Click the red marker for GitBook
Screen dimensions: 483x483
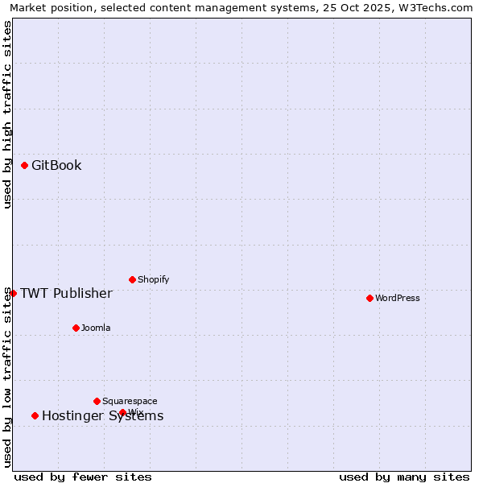[x=24, y=165]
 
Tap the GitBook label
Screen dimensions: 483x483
[x=56, y=166]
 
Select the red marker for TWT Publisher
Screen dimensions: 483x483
[x=13, y=293]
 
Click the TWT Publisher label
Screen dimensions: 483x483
[x=66, y=293]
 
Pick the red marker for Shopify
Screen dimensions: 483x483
[x=132, y=279]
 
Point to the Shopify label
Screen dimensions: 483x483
[x=153, y=280]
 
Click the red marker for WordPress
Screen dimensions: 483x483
[x=369, y=298]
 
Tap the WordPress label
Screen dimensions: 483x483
[x=398, y=299]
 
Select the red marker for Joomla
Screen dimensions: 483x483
[x=76, y=328]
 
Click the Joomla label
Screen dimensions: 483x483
[x=96, y=328]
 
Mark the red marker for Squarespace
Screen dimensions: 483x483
[x=97, y=401]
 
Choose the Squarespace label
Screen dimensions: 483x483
[x=130, y=402]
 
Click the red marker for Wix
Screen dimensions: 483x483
[x=122, y=412]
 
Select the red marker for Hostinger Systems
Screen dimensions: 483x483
[x=35, y=415]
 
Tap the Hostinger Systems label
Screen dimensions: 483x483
[x=102, y=416]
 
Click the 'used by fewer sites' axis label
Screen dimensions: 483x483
[x=83, y=477]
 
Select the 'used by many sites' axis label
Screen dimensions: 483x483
[x=404, y=477]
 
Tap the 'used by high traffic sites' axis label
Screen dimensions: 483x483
[x=7, y=114]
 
